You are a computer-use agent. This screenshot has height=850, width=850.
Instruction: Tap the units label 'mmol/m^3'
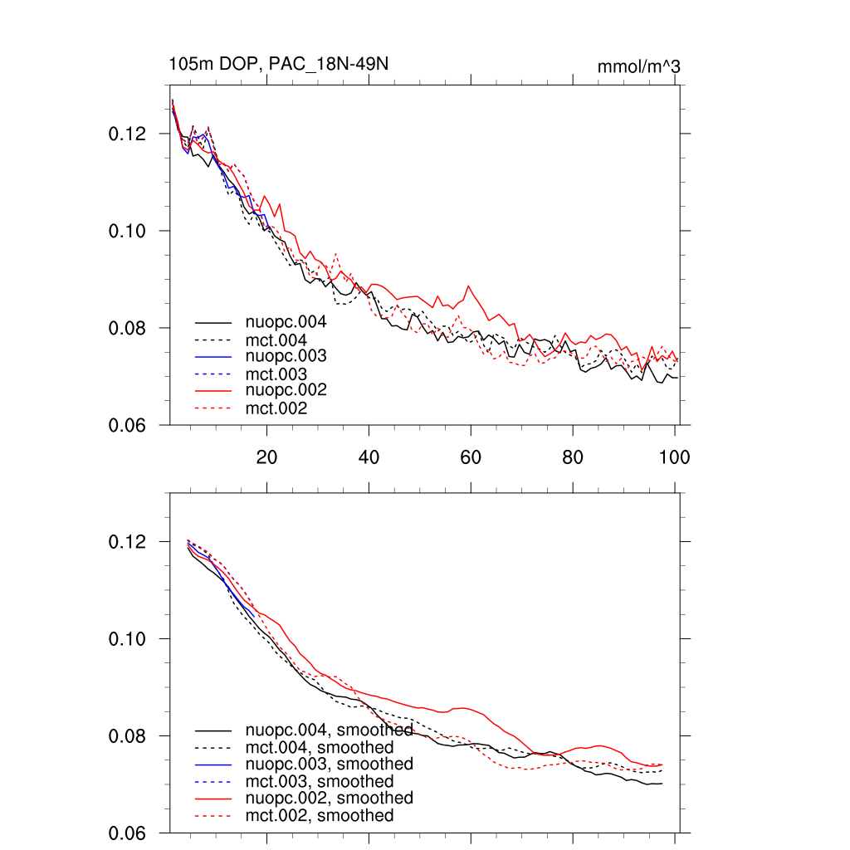point(638,66)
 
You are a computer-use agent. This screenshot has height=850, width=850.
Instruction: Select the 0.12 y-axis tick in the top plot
point(128,134)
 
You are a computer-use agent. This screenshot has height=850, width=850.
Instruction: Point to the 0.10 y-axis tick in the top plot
point(128,231)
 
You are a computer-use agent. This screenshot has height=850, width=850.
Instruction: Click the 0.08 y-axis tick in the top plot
point(128,329)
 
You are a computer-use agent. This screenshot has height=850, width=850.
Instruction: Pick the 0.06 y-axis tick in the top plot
point(128,426)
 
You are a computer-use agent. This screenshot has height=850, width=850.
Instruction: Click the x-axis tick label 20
point(266,457)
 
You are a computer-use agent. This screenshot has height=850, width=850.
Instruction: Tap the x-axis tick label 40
point(369,457)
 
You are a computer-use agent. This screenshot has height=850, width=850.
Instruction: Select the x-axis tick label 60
point(471,457)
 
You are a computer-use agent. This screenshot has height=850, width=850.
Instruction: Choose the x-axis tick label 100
point(674,457)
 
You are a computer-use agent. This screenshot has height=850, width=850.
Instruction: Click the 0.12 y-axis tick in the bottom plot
point(128,542)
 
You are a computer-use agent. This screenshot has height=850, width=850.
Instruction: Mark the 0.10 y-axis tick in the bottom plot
point(128,639)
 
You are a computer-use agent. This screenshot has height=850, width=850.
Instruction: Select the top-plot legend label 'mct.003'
point(276,374)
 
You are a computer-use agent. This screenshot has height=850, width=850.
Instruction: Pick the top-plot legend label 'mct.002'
point(276,408)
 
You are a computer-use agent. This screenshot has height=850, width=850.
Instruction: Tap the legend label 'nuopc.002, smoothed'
point(329,798)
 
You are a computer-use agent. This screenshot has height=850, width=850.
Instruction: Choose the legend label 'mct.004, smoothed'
point(320,747)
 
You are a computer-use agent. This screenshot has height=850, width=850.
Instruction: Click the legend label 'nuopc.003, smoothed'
point(329,764)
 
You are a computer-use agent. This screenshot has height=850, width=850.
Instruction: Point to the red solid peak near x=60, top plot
point(470,286)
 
